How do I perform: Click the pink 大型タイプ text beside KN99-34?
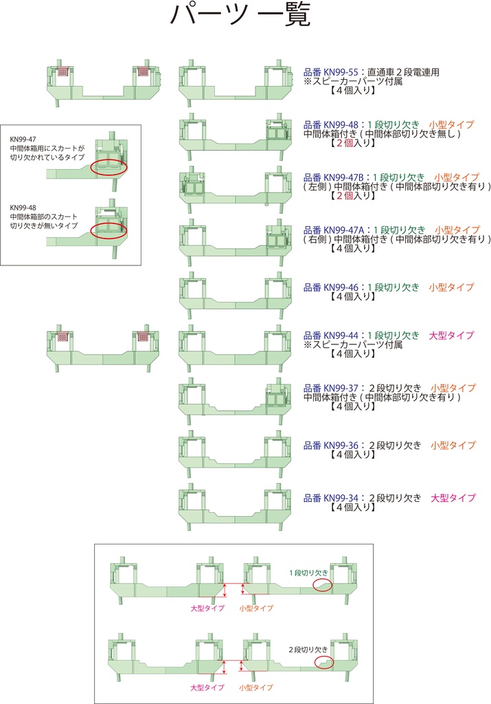click(453, 498)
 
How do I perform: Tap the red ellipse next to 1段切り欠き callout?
click(322, 585)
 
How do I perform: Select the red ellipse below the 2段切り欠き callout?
click(324, 662)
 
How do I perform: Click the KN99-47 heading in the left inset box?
click(23, 138)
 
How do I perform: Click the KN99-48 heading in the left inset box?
click(23, 207)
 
